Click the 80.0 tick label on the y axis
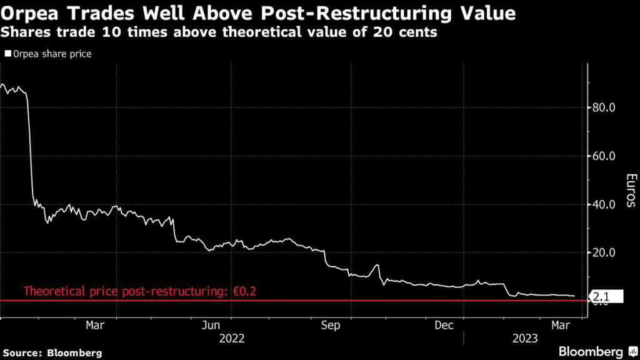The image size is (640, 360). coord(604,107)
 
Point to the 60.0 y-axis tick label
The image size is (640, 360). coord(604,156)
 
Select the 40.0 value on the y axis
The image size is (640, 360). coord(604,204)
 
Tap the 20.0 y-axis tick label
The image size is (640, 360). coord(604,252)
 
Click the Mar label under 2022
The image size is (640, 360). coord(94,325)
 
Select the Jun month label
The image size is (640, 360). coord(212,325)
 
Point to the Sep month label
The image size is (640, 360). coord(330,325)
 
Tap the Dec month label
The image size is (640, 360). coord(444,325)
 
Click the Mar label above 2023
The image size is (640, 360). coord(559,325)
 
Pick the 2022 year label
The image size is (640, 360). coord(231,338)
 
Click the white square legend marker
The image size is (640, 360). coord(7,54)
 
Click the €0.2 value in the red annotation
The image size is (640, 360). coord(247,291)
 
